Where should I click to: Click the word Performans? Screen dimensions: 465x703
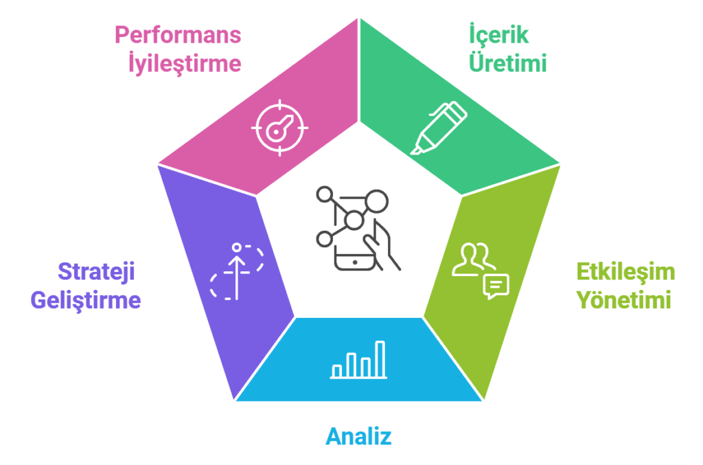(177, 35)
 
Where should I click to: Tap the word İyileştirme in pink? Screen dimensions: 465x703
(185, 63)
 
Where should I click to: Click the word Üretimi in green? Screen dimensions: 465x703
(507, 63)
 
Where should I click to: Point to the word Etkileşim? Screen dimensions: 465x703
(625, 272)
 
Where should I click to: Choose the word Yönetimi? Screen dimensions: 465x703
(623, 300)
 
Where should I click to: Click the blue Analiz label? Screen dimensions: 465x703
(358, 436)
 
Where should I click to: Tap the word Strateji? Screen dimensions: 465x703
(96, 272)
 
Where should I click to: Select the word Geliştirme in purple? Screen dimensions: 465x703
(86, 300)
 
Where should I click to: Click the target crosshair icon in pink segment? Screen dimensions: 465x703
(279, 126)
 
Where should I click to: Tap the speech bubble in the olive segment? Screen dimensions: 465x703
(496, 285)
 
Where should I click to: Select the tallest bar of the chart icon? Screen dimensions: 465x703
(380, 358)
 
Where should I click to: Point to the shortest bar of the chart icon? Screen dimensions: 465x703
(337, 371)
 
